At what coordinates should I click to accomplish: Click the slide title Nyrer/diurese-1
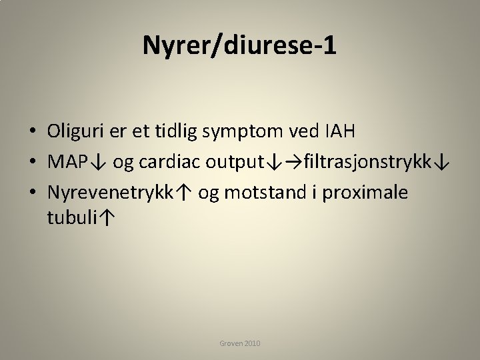pyautogui.click(x=240, y=45)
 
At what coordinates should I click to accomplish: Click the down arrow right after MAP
pyautogui.click(x=97, y=162)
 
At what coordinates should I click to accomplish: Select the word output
pyautogui.click(x=233, y=162)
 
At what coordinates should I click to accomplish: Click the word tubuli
pyautogui.click(x=74, y=217)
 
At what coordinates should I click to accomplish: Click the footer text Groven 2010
pyautogui.click(x=240, y=343)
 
